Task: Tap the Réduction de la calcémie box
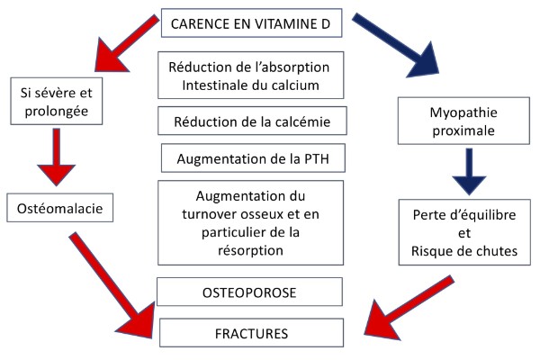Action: pos(249,120)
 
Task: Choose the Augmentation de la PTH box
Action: pos(249,158)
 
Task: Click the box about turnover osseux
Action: pos(249,222)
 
